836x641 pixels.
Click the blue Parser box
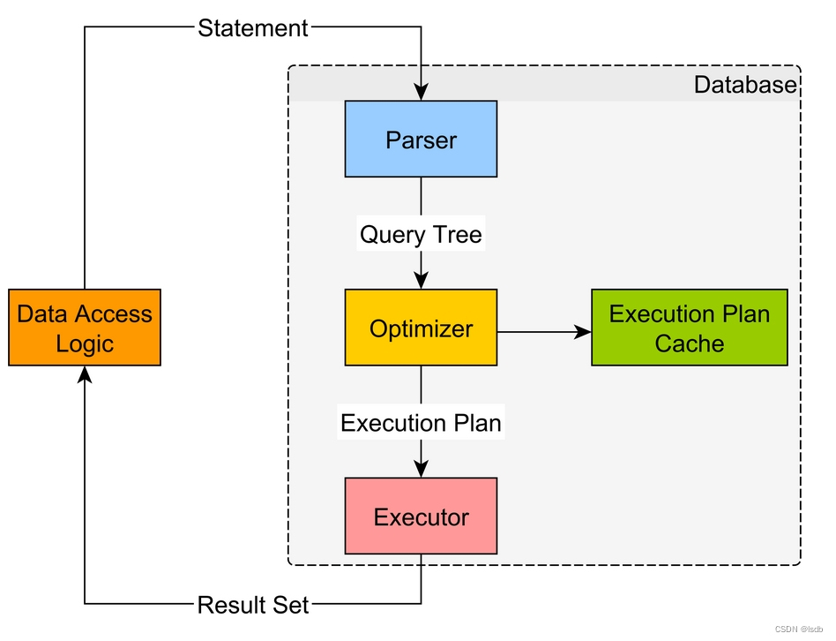421,139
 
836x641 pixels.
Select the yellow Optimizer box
421,328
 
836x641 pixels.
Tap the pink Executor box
421,517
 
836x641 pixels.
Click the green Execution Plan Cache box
689,328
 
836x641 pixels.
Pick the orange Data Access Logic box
85,328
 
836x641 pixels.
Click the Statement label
253,28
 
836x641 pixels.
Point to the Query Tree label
421,235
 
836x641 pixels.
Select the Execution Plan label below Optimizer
421,423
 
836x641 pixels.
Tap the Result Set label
253,605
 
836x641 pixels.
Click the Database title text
745,85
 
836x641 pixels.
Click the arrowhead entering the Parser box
421,92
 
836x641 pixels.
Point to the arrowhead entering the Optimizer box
421,281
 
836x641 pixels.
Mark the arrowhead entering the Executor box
421,469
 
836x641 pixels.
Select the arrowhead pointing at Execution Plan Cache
582,332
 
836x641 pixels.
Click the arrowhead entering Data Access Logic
85,374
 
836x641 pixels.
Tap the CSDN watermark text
797,630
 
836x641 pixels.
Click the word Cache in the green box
689,343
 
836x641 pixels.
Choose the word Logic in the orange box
85,343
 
